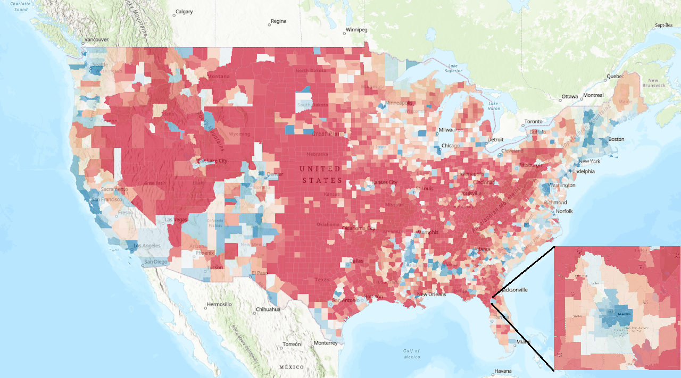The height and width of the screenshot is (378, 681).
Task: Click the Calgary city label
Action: [x=184, y=12]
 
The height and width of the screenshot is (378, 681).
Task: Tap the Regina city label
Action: [x=278, y=21]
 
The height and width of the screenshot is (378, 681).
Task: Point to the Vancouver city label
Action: [x=96, y=40]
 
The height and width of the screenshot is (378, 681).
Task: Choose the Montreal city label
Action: [x=593, y=95]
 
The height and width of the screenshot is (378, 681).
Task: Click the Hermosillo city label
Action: [x=219, y=305]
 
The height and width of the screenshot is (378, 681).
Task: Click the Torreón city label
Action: [x=292, y=344]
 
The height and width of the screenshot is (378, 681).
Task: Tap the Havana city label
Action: [x=503, y=371]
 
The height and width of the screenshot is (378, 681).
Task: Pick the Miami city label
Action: [x=523, y=341]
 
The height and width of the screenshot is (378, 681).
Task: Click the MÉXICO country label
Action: [x=292, y=367]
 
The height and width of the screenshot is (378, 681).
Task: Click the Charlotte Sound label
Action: [x=21, y=6]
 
